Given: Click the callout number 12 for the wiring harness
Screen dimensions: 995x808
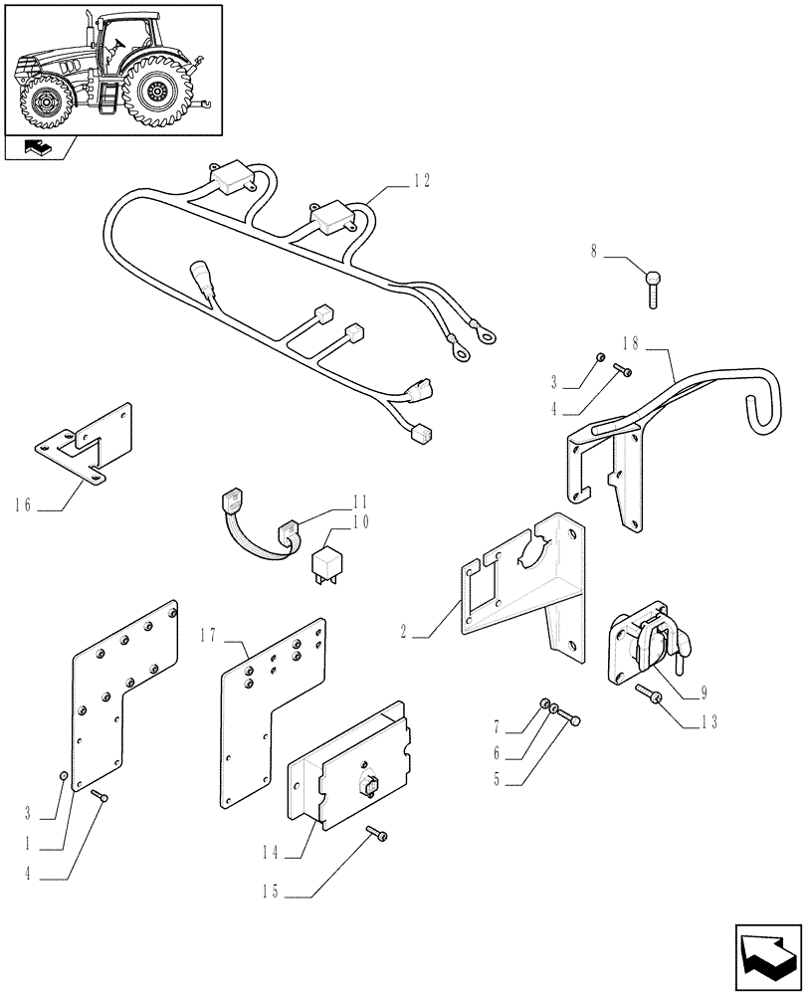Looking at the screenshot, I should pos(422,180).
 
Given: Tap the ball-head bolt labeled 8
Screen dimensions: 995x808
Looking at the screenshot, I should pos(653,288).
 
